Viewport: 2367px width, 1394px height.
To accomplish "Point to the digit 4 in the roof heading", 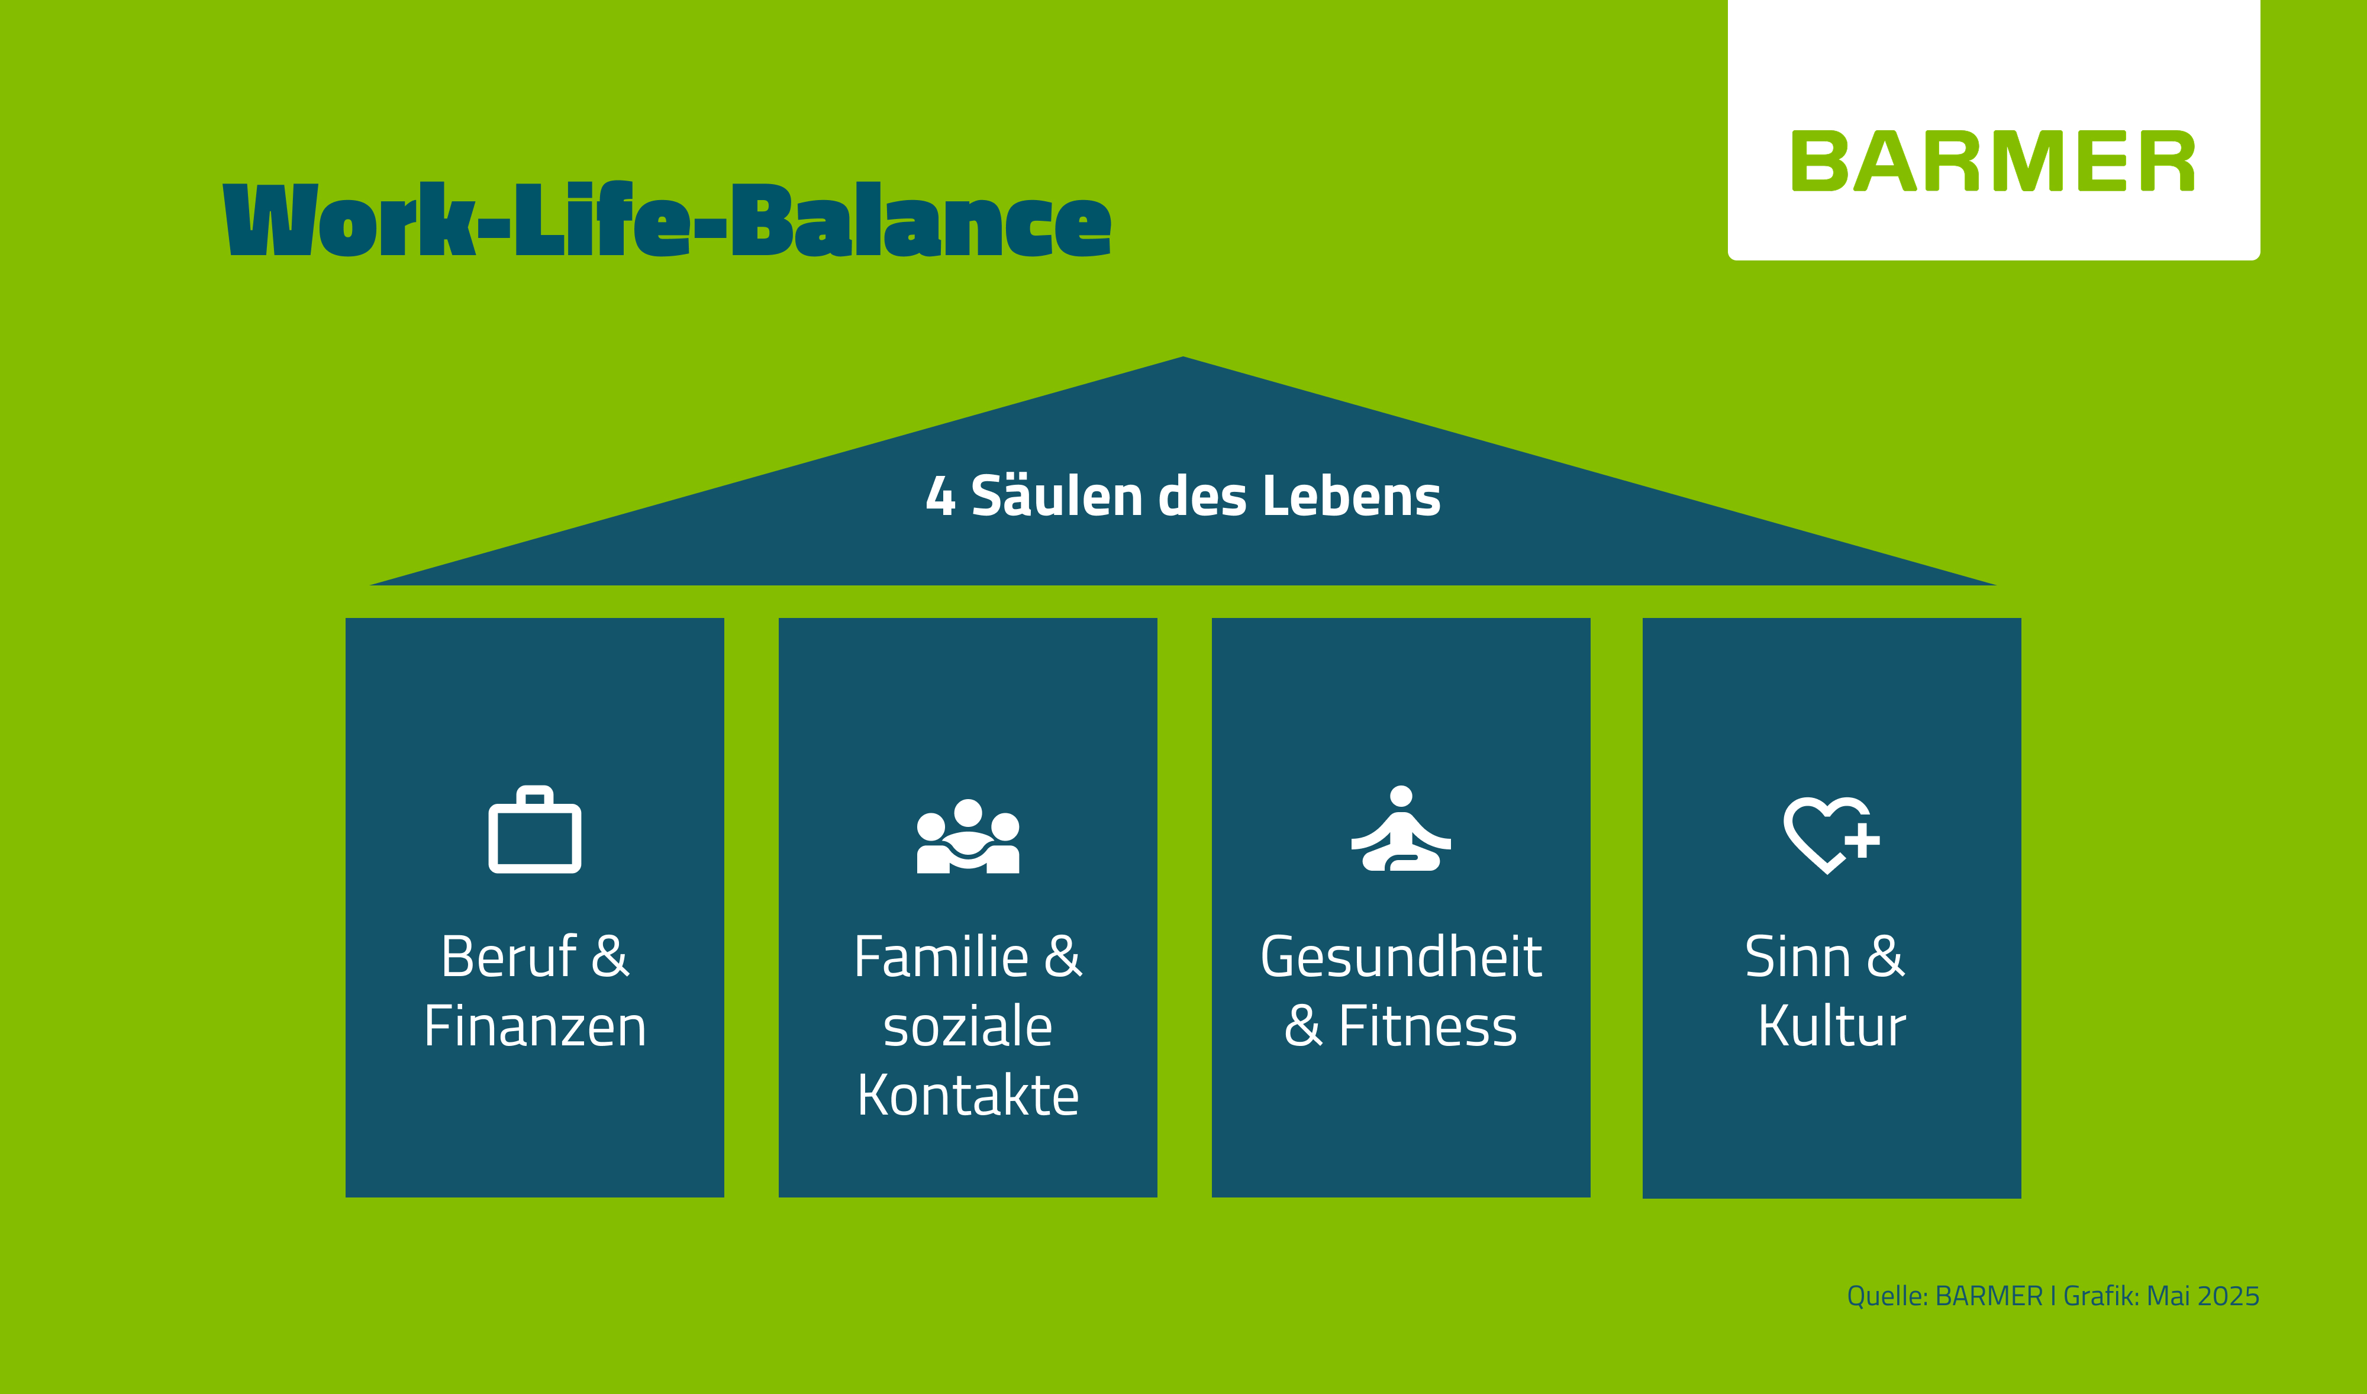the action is tap(940, 497).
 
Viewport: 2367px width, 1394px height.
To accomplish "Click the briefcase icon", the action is tap(534, 829).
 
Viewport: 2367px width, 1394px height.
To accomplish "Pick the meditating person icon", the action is tap(1401, 829).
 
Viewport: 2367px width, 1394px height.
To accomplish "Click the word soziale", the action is tap(969, 1027).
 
